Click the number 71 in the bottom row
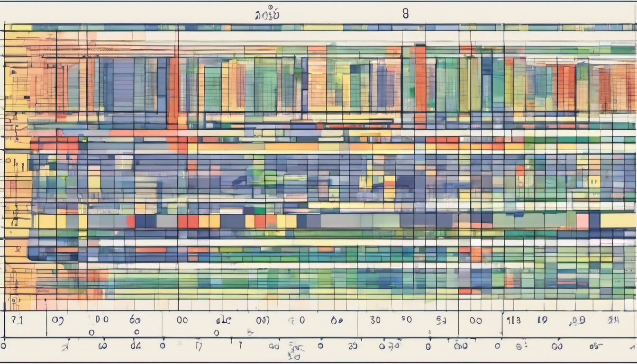point(17,320)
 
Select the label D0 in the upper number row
point(101,319)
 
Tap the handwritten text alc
point(223,320)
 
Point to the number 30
point(375,320)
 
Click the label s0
point(407,319)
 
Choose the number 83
point(441,320)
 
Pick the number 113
point(513,320)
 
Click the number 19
point(542,320)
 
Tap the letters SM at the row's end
point(614,320)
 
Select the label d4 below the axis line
point(136,346)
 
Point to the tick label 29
point(352,346)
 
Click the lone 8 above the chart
point(405,14)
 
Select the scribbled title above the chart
point(267,14)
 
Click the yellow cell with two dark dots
point(594,181)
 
